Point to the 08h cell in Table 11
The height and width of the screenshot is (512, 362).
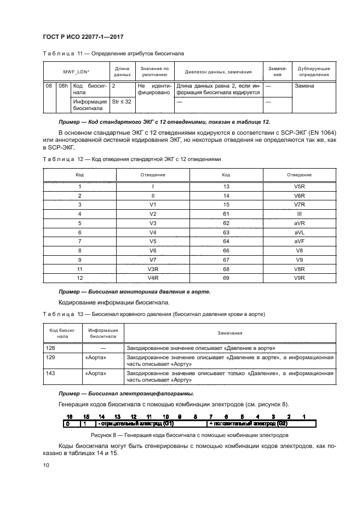tap(63, 87)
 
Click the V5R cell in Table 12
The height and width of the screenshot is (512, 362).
tap(299, 187)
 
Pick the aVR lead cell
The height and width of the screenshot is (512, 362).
tap(299, 223)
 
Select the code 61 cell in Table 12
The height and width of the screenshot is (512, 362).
tap(226, 214)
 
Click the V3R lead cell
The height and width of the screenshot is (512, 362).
tap(153, 269)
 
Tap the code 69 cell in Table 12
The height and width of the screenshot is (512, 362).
tap(226, 278)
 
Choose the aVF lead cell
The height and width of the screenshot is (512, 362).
tap(299, 241)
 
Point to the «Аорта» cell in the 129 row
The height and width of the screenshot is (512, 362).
tap(96, 357)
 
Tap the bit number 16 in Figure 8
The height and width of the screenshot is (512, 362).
tap(70, 416)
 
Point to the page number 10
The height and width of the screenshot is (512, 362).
tap(46, 465)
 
